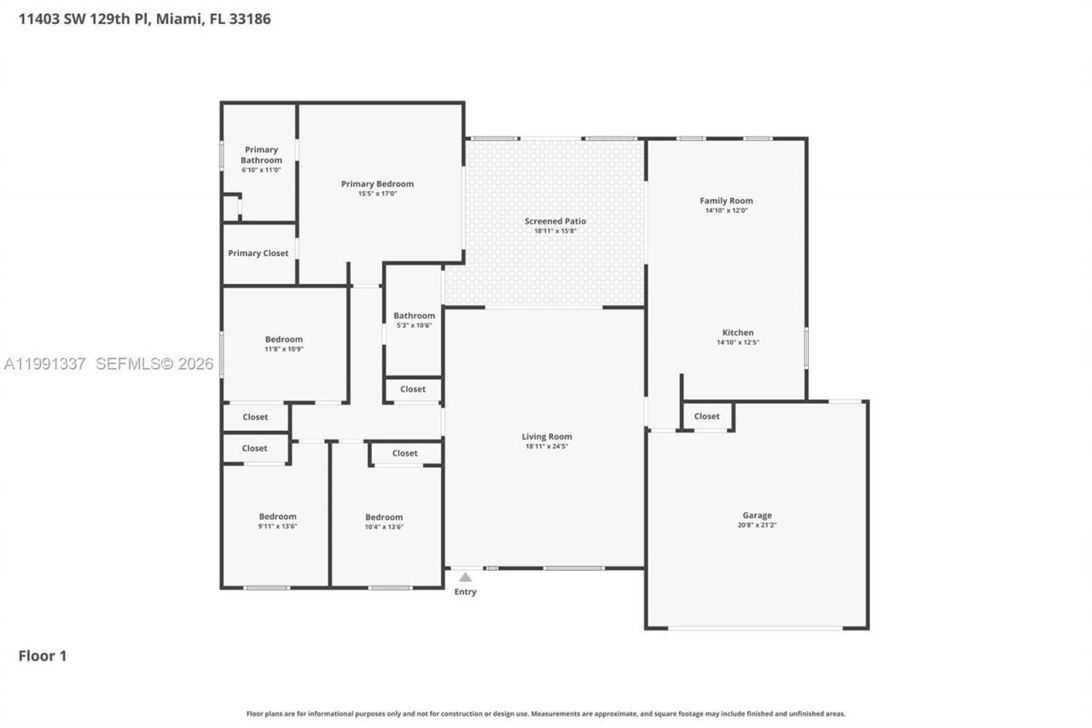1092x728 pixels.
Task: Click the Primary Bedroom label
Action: point(377,183)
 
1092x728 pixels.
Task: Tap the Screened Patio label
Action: point(555,221)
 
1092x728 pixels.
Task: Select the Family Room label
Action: point(726,201)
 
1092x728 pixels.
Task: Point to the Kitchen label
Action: point(738,332)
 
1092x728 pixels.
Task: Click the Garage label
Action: point(757,515)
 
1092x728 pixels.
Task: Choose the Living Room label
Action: point(547,436)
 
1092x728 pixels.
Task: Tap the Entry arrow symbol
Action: point(465,578)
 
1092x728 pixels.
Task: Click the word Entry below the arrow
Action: point(465,591)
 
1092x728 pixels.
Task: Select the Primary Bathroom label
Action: point(261,154)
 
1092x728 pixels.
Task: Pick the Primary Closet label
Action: point(258,253)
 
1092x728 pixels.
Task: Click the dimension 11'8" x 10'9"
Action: point(283,349)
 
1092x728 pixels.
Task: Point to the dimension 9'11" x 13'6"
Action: point(277,527)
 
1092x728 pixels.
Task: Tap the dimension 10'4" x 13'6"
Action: point(384,527)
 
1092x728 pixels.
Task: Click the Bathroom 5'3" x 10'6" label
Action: point(414,320)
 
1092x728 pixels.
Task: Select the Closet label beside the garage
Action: point(706,416)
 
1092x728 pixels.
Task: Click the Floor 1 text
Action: point(43,655)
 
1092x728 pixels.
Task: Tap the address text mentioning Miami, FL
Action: point(145,18)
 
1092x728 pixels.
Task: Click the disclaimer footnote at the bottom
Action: point(546,713)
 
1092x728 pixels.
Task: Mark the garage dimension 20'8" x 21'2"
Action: point(757,526)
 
